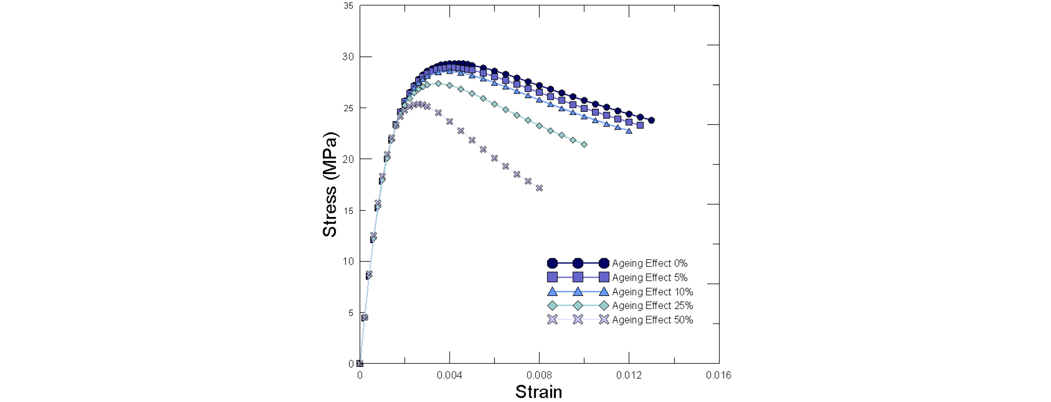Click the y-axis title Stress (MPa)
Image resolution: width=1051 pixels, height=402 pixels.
[330, 185]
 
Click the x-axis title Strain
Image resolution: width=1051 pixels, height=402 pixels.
[539, 392]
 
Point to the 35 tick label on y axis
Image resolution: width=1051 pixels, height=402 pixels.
[348, 6]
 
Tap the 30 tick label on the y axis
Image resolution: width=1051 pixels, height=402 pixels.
[348, 56]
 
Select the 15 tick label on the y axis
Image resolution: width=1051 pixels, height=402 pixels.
[348, 210]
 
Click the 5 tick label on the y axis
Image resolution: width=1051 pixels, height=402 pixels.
[351, 313]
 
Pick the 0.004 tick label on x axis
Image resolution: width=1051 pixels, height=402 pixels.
[449, 375]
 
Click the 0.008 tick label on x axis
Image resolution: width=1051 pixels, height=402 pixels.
[539, 375]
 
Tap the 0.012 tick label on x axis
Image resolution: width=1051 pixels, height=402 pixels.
[629, 375]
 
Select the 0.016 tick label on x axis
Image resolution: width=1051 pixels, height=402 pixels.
[718, 375]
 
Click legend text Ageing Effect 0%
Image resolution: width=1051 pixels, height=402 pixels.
[650, 263]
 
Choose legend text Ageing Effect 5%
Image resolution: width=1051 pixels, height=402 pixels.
[650, 277]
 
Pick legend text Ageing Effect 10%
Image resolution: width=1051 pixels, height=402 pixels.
[652, 292]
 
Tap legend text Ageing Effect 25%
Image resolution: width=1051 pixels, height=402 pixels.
[652, 305]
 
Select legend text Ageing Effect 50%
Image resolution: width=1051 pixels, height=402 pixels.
[652, 319]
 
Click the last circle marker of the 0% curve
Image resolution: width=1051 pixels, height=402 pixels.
[651, 120]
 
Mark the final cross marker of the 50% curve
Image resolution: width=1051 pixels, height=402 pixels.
[539, 188]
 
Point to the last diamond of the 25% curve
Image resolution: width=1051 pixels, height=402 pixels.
[584, 144]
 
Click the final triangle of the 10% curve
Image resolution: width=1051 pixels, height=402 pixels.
[629, 131]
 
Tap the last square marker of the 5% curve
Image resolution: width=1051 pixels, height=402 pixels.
[640, 125]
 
